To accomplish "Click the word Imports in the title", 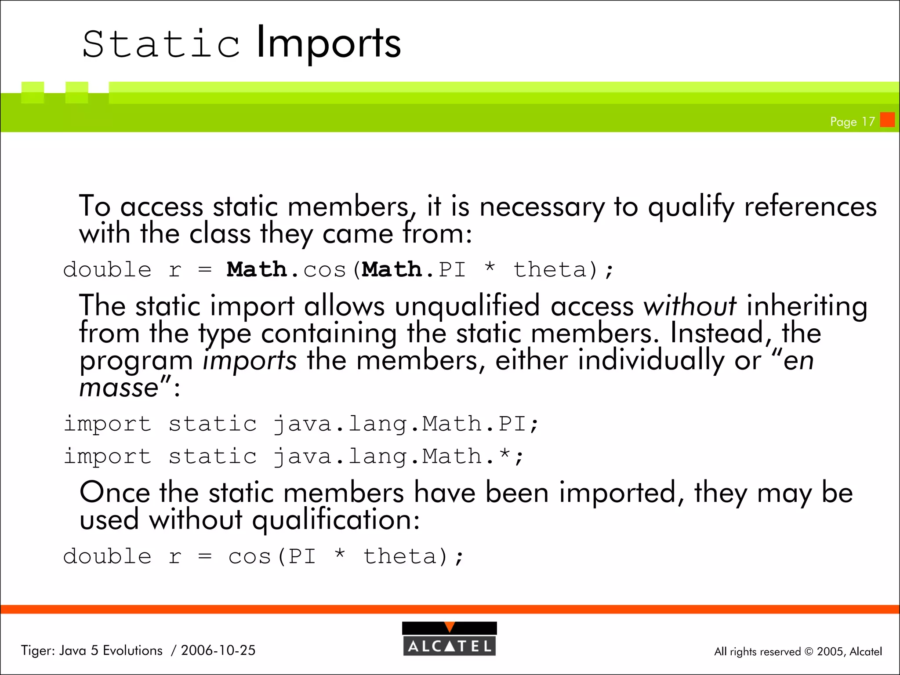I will click(x=328, y=43).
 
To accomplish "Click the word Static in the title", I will click(x=161, y=44).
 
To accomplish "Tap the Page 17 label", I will click(x=852, y=121).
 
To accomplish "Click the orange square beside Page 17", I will click(x=887, y=120).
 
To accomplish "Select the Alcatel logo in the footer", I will click(x=449, y=639).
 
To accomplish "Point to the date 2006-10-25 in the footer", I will click(x=218, y=650).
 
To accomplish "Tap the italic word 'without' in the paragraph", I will click(x=690, y=305).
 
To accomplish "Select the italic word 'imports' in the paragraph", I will click(x=250, y=360).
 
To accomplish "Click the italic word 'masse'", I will click(x=119, y=388).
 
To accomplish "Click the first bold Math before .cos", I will click(x=257, y=269).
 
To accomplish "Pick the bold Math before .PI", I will click(x=392, y=269).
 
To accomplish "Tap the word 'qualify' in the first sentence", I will click(x=691, y=207).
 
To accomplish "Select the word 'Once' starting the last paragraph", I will click(x=115, y=492).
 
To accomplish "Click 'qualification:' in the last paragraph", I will click(x=336, y=520).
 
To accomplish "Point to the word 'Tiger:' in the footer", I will click(x=37, y=650).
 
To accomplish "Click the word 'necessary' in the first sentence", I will click(x=542, y=207).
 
